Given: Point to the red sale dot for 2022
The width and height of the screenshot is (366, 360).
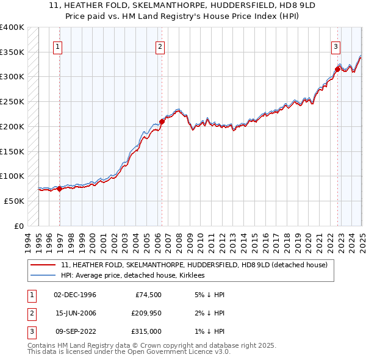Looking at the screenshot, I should (x=337, y=69).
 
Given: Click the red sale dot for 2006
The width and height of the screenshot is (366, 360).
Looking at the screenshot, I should (x=162, y=121).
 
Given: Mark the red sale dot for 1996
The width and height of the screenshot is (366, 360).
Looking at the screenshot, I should (x=60, y=189).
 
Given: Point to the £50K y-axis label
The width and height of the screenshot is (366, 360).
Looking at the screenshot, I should (x=13, y=201).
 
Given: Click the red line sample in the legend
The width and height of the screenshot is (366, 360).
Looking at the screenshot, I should (x=43, y=265).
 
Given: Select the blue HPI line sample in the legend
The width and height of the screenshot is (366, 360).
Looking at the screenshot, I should (x=43, y=276).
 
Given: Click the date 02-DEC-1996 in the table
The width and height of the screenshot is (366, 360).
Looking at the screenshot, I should (x=75, y=295).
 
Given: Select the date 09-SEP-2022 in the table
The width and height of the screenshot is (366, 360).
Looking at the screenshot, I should (x=75, y=331).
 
